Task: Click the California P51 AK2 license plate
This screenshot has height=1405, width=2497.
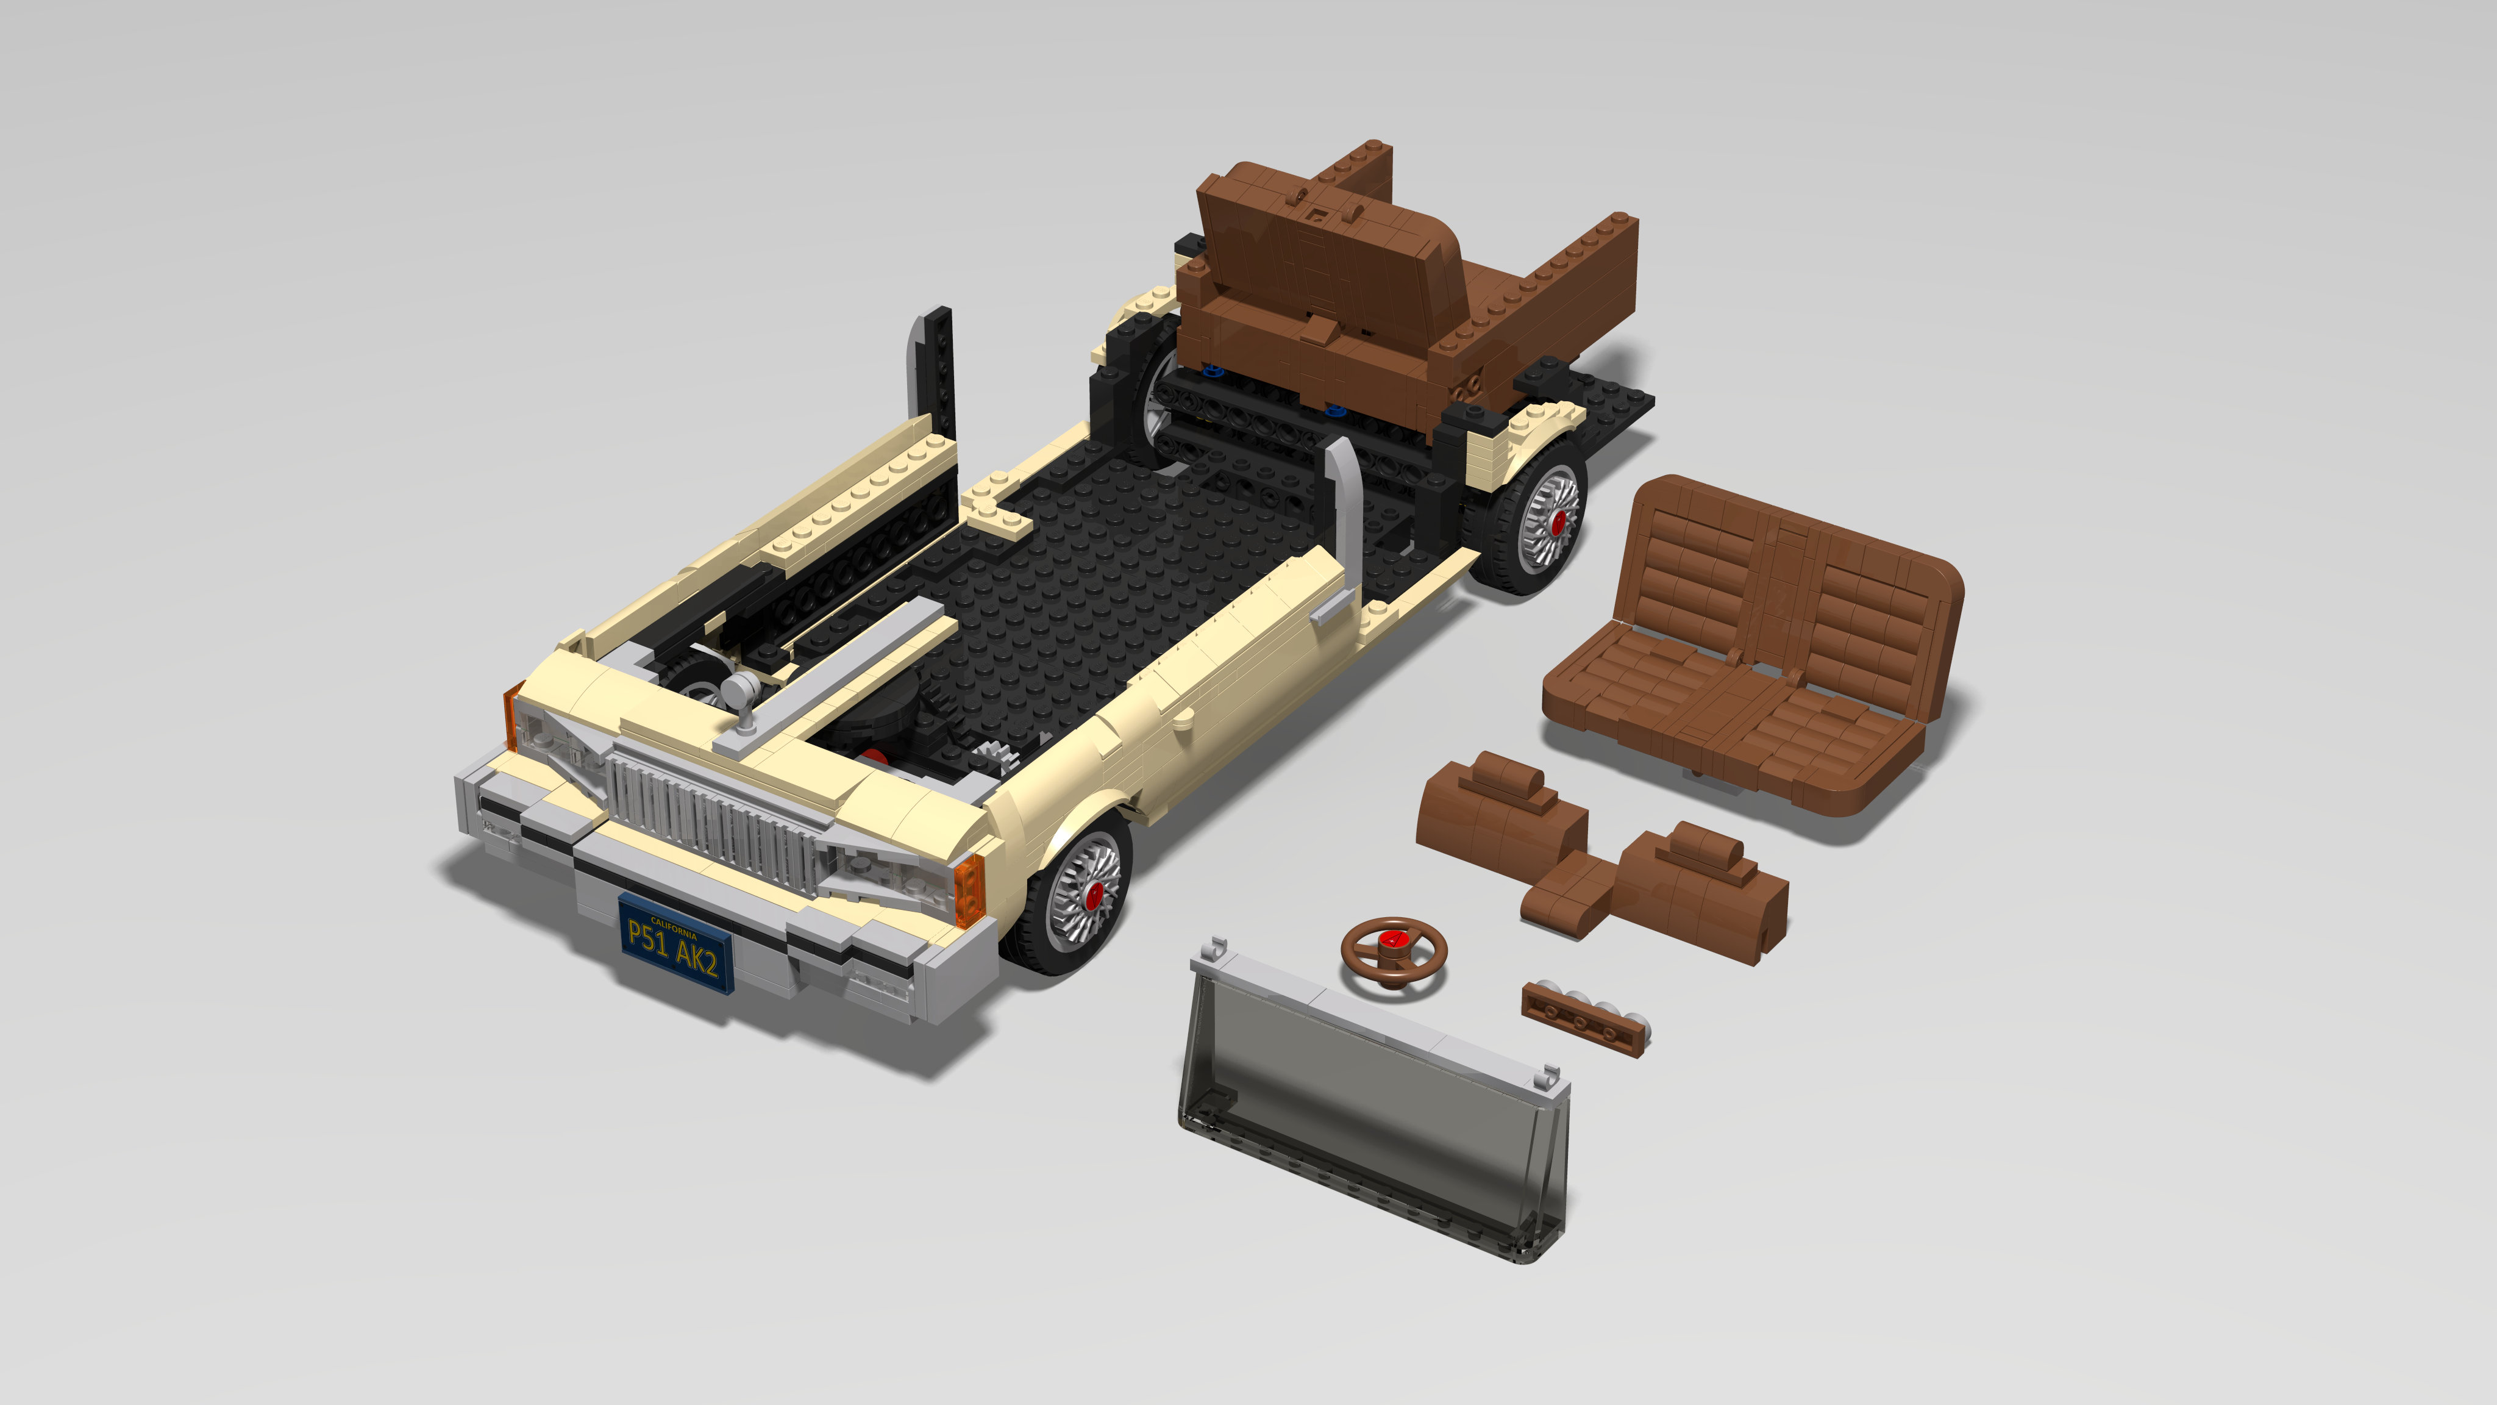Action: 675,943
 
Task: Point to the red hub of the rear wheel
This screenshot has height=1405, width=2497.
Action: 1558,521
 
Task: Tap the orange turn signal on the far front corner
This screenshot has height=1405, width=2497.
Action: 513,715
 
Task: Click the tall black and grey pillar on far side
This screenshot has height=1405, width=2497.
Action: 933,368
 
